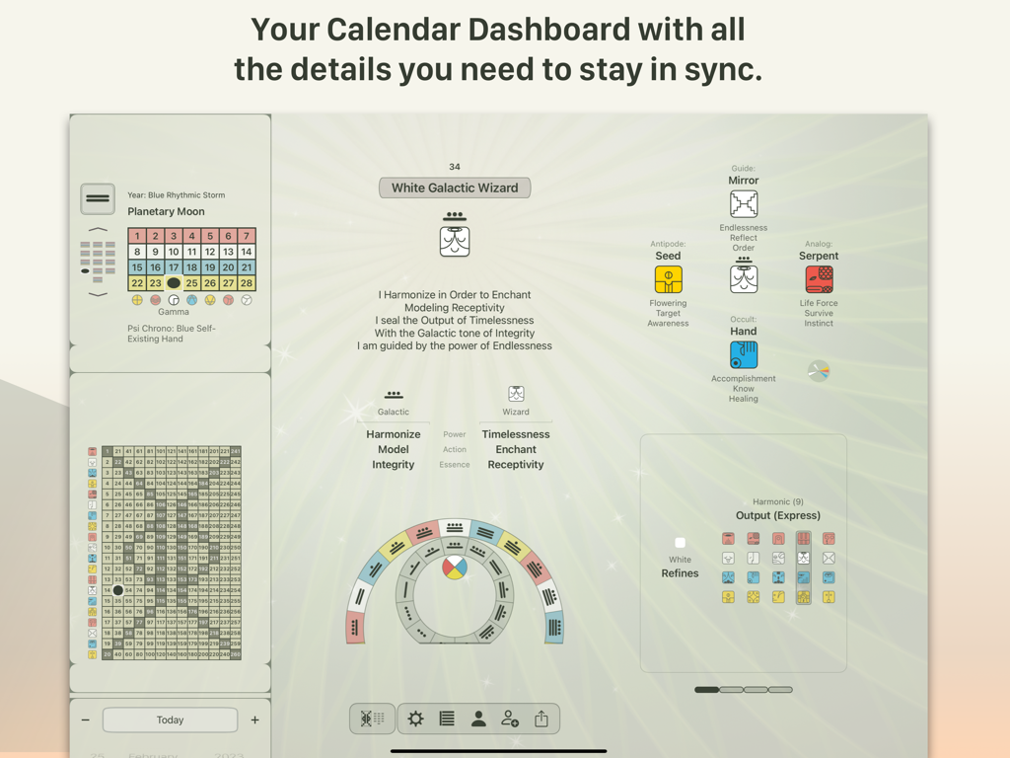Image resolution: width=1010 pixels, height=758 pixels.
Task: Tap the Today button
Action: [170, 720]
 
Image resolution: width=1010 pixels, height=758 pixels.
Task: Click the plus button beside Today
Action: [254, 720]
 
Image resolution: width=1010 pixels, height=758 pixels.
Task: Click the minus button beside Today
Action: [86, 720]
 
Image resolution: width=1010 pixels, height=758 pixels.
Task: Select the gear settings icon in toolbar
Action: [415, 720]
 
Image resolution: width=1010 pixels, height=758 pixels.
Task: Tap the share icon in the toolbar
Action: [541, 720]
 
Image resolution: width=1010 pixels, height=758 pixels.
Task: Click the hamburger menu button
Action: [98, 198]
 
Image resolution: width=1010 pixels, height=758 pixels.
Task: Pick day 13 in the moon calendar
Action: [228, 252]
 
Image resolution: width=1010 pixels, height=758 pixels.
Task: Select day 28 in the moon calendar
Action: [247, 283]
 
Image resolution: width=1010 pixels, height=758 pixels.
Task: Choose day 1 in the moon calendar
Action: [137, 236]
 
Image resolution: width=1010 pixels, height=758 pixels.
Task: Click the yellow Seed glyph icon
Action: [668, 279]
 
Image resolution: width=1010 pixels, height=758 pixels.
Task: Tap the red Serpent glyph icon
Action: [819, 279]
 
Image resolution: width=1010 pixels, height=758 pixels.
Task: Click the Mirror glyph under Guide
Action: [744, 204]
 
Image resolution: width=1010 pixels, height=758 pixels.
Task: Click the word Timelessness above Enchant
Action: [516, 434]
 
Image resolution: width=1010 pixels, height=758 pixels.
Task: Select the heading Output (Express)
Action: [778, 515]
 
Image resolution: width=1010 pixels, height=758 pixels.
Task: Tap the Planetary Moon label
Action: [166, 211]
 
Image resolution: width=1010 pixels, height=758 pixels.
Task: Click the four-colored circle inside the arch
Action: [454, 568]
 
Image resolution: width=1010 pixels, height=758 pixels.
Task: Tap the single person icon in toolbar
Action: [478, 720]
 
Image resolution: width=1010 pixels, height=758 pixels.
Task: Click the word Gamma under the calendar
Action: [174, 312]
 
